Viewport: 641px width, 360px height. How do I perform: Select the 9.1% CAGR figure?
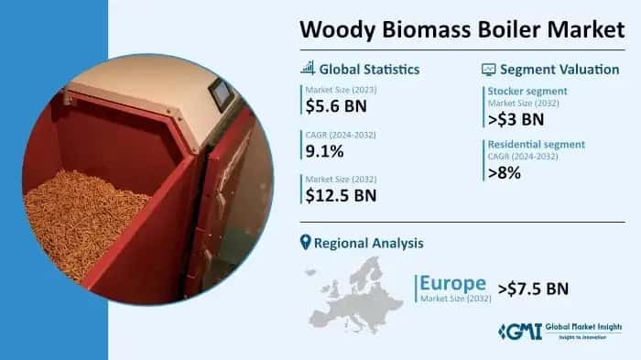(x=326, y=151)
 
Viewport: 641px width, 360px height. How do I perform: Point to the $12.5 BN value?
(x=341, y=195)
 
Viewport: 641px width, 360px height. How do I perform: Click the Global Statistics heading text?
(x=369, y=69)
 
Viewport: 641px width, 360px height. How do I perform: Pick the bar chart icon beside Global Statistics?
(x=308, y=68)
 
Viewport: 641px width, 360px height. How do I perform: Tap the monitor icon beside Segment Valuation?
(x=488, y=69)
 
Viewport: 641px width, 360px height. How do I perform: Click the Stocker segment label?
(x=527, y=91)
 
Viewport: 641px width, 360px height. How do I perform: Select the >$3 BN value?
(x=516, y=119)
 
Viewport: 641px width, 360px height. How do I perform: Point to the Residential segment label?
(x=536, y=144)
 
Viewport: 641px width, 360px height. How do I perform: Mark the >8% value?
(x=505, y=171)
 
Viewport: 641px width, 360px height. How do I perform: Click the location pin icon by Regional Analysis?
(x=306, y=242)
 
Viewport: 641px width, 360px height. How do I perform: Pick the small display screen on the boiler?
(x=221, y=94)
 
